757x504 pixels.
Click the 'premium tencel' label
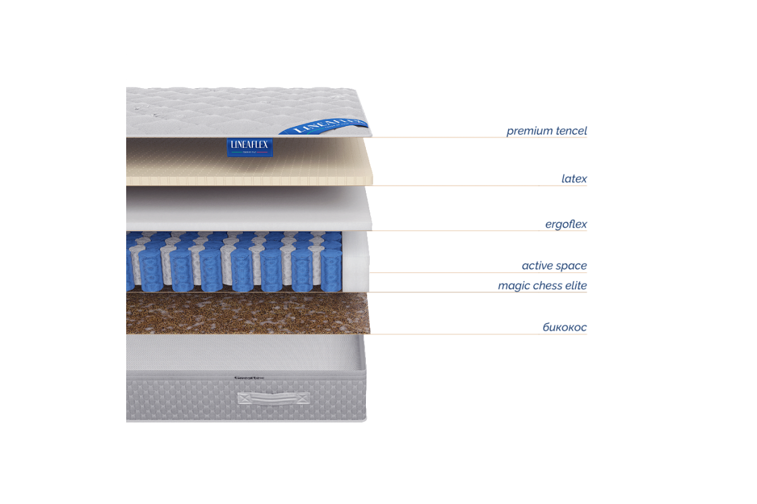(x=547, y=131)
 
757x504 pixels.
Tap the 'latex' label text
(x=574, y=179)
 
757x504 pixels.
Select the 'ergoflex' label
(x=566, y=224)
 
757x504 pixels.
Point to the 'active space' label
(x=555, y=266)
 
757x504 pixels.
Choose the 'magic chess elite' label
(x=542, y=285)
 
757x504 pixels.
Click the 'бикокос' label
(x=565, y=328)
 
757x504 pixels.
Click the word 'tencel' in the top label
(x=572, y=131)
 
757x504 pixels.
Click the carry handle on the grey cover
(x=274, y=398)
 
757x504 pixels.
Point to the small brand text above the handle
(x=249, y=378)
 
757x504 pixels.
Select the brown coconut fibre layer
(x=246, y=314)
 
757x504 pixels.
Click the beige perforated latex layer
(x=252, y=164)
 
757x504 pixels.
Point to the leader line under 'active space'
(x=479, y=273)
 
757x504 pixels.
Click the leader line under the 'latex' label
(x=479, y=186)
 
